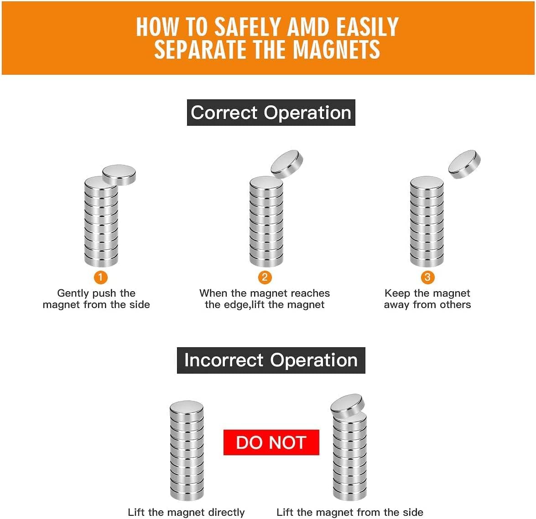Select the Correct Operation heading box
tap(271, 113)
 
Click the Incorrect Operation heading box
tap(271, 360)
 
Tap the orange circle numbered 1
tap(100, 277)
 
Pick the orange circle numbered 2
tap(265, 277)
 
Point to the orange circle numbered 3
tap(427, 277)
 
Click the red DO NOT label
tap(271, 442)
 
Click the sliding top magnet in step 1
tap(119, 175)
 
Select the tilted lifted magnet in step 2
tap(287, 164)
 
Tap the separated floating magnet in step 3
tap(464, 164)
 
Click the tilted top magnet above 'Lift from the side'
tap(348, 406)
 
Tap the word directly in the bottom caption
tap(227, 513)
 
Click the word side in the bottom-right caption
tap(413, 512)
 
